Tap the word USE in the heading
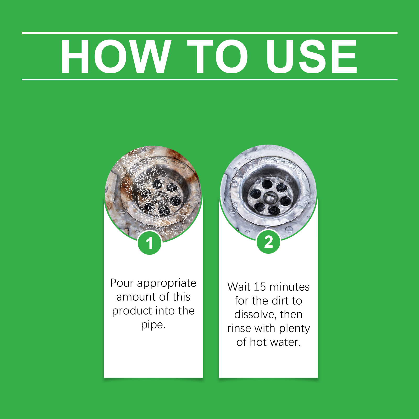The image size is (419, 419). coord(312,56)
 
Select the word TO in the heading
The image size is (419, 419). coord(217,56)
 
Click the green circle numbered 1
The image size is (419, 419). coord(150,243)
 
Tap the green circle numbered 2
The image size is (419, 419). coord(268,242)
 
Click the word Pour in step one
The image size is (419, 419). coord(122,283)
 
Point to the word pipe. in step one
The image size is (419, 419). coord(153,325)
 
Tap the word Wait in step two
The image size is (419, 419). coord(239,287)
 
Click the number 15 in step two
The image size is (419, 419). coord(260,287)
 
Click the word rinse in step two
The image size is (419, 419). coord(238,328)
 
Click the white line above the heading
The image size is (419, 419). coord(210,33)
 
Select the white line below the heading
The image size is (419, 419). coord(210,79)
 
